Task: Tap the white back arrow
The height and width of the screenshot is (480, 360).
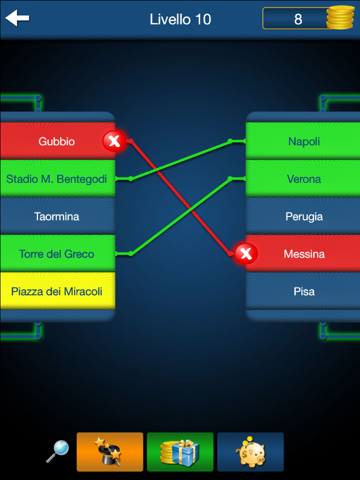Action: (x=17, y=19)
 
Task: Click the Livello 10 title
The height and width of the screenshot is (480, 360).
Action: (x=180, y=20)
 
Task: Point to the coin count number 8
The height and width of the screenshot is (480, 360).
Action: (x=298, y=20)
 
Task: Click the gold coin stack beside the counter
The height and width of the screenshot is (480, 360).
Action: (x=340, y=19)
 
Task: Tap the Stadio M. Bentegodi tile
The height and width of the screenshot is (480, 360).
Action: (x=57, y=179)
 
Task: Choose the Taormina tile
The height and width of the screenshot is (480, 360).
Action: (x=57, y=217)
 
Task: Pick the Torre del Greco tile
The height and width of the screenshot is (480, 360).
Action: (x=57, y=254)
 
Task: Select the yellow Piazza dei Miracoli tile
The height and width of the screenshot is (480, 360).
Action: (x=57, y=292)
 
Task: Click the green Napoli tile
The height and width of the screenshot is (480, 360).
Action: (x=304, y=141)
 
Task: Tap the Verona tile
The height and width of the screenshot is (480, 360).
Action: (x=304, y=179)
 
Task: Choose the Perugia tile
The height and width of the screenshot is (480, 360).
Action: (x=304, y=217)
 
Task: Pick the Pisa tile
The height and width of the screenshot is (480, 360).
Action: (x=304, y=292)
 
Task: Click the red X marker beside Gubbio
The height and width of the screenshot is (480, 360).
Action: (x=114, y=141)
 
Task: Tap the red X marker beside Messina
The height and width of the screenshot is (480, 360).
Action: (x=246, y=254)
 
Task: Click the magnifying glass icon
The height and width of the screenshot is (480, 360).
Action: (x=57, y=451)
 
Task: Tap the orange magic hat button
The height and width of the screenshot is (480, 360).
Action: (x=110, y=452)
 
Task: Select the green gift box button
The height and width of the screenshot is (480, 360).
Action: (x=180, y=452)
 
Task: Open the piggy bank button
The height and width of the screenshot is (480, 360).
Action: (x=250, y=452)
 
